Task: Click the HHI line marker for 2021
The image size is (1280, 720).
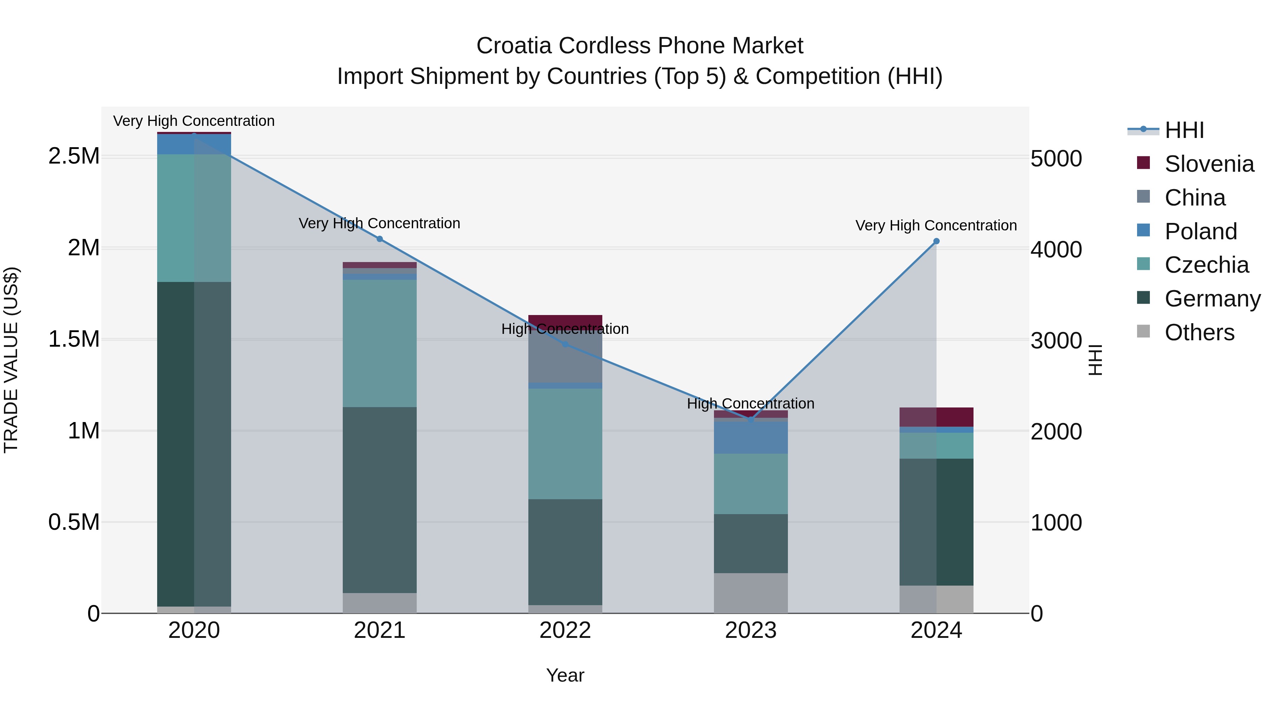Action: [380, 239]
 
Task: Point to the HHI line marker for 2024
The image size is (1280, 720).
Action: [936, 241]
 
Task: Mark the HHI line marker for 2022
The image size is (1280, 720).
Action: [565, 344]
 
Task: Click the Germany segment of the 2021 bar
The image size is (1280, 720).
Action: [380, 500]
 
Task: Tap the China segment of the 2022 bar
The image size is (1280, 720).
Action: [565, 359]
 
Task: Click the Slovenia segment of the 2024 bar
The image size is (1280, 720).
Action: [936, 417]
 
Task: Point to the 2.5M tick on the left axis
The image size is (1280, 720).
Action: [74, 156]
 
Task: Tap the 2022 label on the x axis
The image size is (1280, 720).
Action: [565, 630]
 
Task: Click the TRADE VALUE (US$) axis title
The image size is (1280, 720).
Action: [11, 360]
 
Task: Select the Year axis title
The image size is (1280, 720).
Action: [565, 675]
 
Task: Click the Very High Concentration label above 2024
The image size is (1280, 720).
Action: [936, 225]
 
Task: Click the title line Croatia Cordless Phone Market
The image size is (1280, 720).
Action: [640, 46]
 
